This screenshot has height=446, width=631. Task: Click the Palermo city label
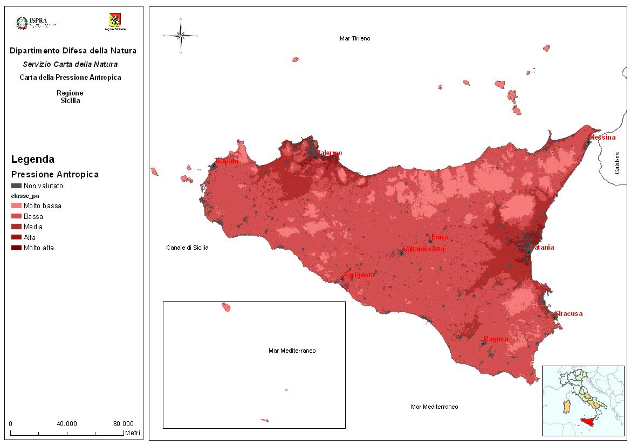(x=330, y=153)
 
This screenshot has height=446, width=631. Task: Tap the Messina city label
(x=602, y=138)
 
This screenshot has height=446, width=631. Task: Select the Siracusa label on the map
(x=569, y=314)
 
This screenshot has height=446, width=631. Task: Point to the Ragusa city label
(x=496, y=339)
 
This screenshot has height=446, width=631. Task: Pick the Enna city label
(x=440, y=237)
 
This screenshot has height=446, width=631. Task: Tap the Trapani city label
(x=227, y=161)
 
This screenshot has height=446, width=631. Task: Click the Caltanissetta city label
(x=424, y=249)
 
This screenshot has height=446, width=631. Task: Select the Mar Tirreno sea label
(x=355, y=38)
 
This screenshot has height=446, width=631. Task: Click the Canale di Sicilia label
(x=187, y=248)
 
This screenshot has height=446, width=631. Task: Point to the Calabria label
(x=618, y=162)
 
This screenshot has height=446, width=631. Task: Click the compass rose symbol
(x=181, y=36)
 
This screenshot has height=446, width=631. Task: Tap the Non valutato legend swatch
(x=16, y=186)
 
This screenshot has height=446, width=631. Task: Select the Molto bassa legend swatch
(x=16, y=206)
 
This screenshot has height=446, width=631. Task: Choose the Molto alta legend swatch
(x=16, y=248)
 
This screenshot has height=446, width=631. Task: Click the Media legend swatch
(x=16, y=227)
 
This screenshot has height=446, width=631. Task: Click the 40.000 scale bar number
(x=67, y=423)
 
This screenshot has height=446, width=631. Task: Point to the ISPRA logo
(x=37, y=23)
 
